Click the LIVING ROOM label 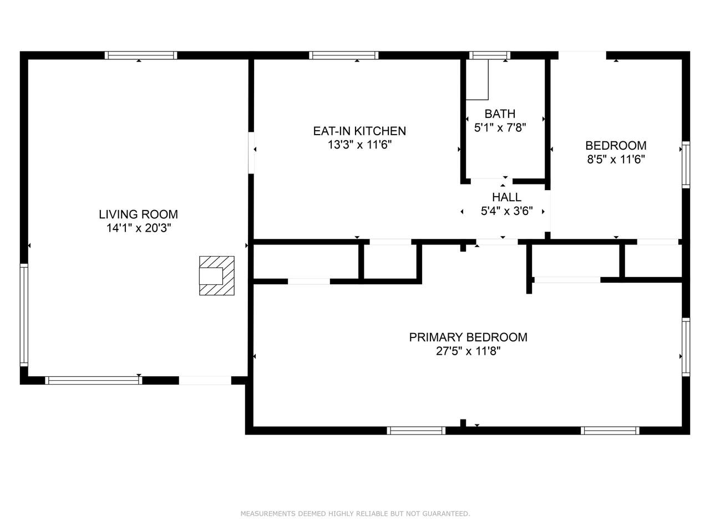click(x=139, y=214)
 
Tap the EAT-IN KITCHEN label click(x=359, y=131)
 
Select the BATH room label click(x=500, y=114)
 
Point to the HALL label click(x=506, y=197)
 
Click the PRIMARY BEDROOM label click(x=468, y=337)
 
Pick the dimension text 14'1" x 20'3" click(x=139, y=228)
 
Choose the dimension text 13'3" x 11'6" click(x=359, y=145)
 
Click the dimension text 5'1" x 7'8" click(x=500, y=127)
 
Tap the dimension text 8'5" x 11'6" click(x=616, y=159)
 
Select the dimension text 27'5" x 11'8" click(x=468, y=351)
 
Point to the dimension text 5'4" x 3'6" click(x=506, y=211)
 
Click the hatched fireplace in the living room click(x=217, y=275)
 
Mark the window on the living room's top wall click(x=141, y=55)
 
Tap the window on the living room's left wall click(x=24, y=315)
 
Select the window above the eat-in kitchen click(x=343, y=55)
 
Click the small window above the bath click(x=490, y=55)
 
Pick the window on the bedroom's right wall click(x=686, y=165)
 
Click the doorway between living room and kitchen click(x=251, y=153)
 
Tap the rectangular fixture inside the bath click(x=477, y=80)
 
